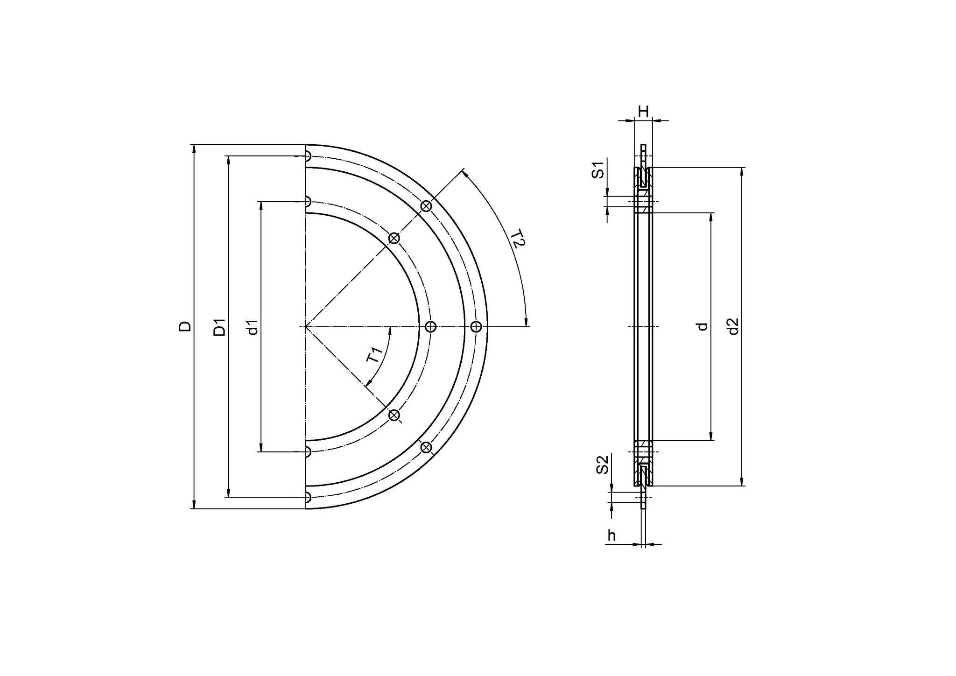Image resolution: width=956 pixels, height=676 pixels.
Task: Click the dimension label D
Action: coord(185,326)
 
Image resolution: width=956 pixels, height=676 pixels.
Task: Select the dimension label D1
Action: coord(219,327)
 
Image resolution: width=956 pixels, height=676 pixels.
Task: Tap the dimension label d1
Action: coord(252,327)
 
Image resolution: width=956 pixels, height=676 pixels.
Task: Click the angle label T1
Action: coord(375,355)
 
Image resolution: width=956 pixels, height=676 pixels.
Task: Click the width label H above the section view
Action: coord(643,112)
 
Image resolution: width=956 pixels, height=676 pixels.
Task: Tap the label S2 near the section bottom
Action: coord(603,465)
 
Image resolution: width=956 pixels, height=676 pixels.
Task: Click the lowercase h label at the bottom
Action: coord(612,536)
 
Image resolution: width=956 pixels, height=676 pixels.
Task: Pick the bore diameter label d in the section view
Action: coord(702,327)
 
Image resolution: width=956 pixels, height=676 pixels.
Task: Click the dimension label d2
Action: coord(733,326)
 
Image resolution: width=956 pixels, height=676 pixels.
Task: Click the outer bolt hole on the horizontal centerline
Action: coord(476,327)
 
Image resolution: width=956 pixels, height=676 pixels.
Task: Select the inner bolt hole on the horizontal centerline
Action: coord(431,327)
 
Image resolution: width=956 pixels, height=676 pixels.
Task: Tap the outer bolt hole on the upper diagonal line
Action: coord(426,206)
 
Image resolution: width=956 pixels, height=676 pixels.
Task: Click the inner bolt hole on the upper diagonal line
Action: coord(394,238)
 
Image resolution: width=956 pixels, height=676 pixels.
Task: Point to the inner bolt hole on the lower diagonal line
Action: coord(394,415)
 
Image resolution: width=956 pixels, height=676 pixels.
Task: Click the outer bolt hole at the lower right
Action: coord(426,448)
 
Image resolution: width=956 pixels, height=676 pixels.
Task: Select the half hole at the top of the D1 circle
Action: coord(308,156)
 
